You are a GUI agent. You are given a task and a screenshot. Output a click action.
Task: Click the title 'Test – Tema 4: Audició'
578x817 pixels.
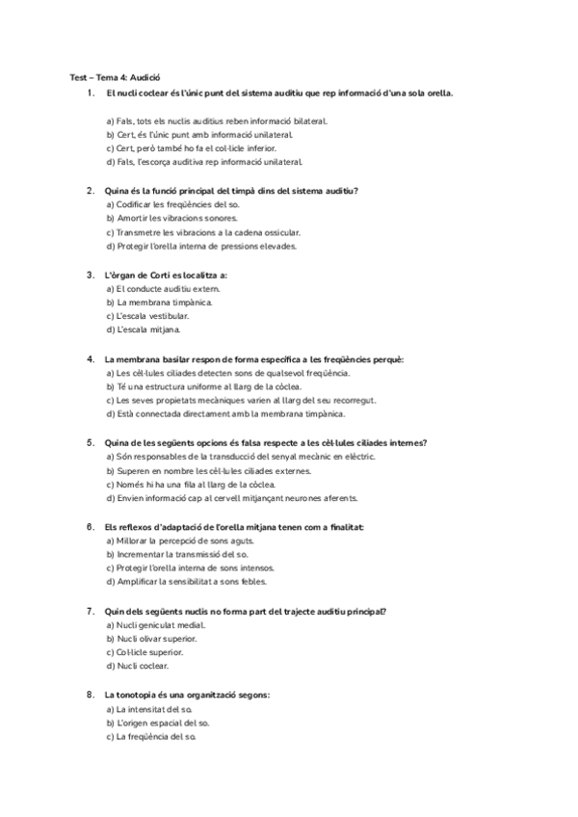coord(115,76)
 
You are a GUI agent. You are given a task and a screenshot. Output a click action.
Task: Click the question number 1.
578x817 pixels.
coord(90,92)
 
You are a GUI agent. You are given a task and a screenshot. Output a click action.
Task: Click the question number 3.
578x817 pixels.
coord(90,275)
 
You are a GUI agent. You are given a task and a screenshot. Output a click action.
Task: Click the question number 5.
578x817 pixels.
coord(90,443)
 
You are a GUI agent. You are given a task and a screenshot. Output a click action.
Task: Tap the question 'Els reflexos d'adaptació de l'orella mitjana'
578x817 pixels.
coord(234,527)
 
